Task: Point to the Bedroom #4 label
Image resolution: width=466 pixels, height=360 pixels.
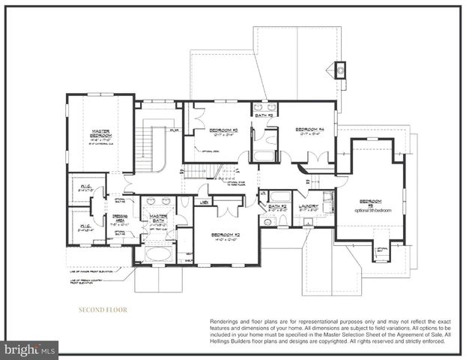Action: [309, 129]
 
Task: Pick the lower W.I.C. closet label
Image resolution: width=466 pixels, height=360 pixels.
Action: [83, 226]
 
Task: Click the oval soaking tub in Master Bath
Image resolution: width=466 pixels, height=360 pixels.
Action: [158, 253]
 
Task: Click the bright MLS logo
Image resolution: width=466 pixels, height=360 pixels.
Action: [30, 349]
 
